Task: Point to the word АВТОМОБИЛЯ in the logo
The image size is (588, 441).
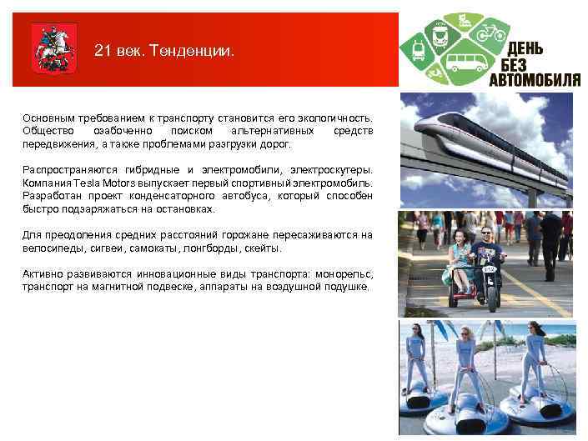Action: [x=534, y=80]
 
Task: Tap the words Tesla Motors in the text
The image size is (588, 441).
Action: [x=103, y=183]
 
